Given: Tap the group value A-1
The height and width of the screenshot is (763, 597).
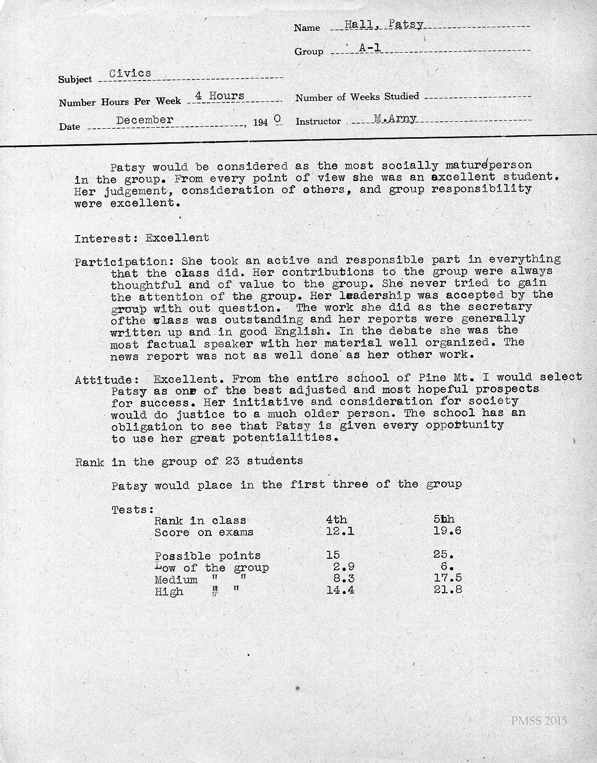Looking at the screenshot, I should pos(369,48).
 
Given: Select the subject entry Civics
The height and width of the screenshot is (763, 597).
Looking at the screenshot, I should pos(130,73).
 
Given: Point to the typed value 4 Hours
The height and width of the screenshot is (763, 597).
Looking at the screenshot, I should pos(219,96).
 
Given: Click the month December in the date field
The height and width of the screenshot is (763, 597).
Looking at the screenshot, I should pos(145,120).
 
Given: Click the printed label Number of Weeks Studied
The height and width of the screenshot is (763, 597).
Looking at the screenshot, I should pos(357,97).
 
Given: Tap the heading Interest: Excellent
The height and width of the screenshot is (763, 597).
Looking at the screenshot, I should pos(142,238).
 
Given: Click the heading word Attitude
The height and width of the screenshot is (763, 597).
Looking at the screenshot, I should pos(103,380).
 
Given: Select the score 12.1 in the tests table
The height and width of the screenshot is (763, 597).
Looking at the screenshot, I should pos(340,532).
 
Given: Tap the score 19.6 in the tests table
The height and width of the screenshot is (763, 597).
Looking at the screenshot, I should pos(447,531).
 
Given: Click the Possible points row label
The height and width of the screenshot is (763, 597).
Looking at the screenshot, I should pos(207,556).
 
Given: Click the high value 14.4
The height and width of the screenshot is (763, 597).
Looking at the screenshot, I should pos(340,591).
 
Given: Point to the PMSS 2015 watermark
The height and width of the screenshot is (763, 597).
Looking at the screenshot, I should pos(538,721).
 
